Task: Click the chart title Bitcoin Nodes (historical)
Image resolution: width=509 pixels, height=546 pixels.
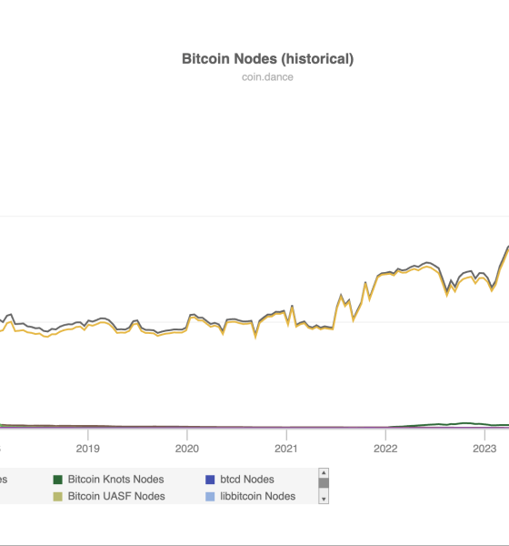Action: point(268,59)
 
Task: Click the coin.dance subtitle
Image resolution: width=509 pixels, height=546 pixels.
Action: point(268,77)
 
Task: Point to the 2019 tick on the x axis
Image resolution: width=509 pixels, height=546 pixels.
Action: point(87,448)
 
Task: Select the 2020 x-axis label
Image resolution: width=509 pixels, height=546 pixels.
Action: point(186,448)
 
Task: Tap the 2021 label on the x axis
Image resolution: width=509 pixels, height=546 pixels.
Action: point(286,448)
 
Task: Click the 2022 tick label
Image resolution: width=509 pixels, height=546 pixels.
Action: point(385,448)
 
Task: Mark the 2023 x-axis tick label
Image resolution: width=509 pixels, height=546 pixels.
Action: point(484,448)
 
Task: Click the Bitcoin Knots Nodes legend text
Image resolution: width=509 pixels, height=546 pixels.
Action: point(115,479)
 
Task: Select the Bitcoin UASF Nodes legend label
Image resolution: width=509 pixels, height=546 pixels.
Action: point(116,496)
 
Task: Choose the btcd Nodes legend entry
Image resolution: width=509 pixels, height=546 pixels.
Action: point(247,479)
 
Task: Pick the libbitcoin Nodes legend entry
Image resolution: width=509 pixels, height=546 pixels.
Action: point(257,496)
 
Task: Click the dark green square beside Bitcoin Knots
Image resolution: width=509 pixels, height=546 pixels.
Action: point(58,480)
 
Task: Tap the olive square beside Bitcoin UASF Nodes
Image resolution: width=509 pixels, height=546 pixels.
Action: point(58,497)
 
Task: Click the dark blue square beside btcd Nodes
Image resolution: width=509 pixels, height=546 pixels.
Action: point(210,480)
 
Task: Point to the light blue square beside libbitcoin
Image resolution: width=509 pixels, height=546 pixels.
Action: point(210,497)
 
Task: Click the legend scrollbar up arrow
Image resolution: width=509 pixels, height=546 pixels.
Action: point(323,473)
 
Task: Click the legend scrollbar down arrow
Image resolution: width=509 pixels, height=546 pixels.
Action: point(323,499)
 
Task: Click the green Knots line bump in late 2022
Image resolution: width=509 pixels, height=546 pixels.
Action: point(465,423)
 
